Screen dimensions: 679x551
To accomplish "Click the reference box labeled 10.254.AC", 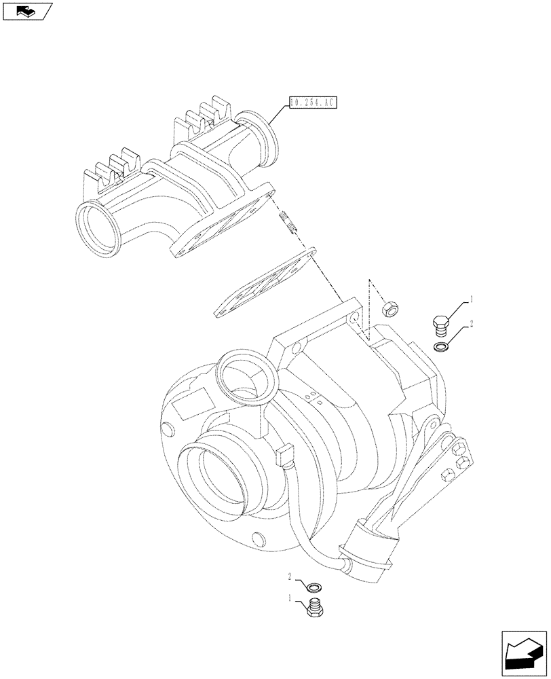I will [x=311, y=103].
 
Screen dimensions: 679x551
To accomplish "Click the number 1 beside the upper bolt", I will [x=471, y=299].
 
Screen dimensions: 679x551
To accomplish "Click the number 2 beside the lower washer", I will [x=290, y=576].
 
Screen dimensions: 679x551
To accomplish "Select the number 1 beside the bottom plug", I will [x=290, y=598].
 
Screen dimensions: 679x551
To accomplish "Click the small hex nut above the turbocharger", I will [x=391, y=310].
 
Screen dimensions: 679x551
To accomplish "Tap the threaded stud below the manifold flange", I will [x=288, y=222].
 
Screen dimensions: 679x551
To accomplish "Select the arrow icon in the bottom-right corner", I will [x=524, y=653].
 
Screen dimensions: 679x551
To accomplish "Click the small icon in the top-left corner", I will [x=26, y=10].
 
